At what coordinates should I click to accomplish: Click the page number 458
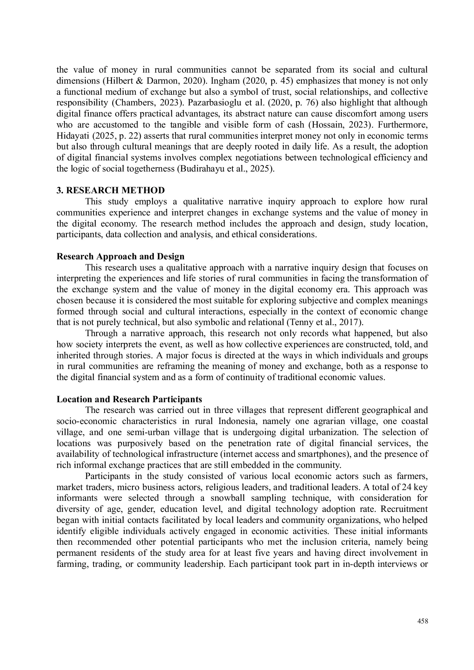422,621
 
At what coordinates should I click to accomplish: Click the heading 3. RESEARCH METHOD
111,190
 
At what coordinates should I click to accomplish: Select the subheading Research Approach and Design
120,256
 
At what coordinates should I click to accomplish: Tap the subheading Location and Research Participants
129,399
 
